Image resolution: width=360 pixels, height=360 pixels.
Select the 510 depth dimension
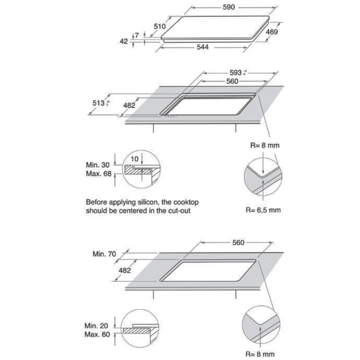[159, 26]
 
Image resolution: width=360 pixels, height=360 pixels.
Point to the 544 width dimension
[202, 48]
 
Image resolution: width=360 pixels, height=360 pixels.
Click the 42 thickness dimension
[124, 42]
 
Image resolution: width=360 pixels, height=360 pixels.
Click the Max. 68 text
[99, 174]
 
